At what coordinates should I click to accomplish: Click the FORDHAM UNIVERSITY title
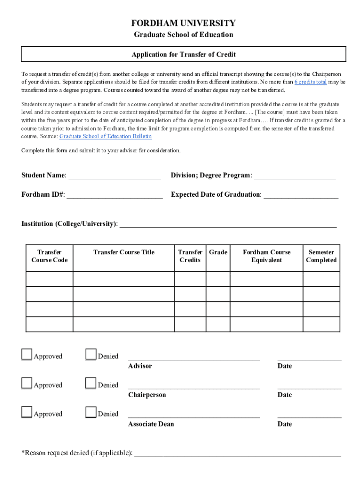tap(183, 23)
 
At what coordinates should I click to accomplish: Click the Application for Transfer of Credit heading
tap(183, 54)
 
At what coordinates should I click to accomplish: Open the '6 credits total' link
tap(310, 82)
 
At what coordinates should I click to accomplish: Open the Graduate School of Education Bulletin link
tap(106, 136)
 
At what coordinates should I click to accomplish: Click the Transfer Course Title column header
tap(124, 252)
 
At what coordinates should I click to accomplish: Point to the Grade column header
tap(218, 252)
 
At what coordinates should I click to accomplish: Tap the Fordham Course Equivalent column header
tap(266, 256)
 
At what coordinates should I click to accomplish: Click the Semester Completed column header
tap(321, 256)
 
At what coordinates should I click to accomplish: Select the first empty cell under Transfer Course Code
tap(49, 279)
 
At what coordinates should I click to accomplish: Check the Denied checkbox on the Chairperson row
tap(91, 383)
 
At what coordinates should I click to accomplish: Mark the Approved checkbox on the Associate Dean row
tap(27, 412)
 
